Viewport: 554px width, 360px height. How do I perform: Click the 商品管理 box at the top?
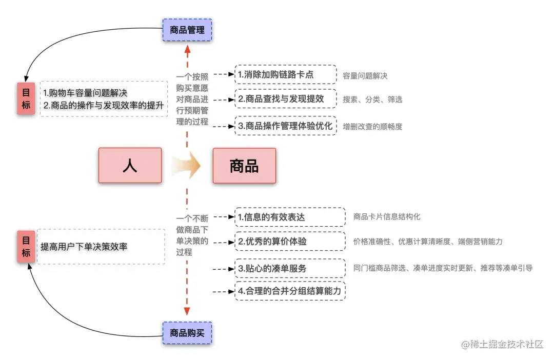click(187, 30)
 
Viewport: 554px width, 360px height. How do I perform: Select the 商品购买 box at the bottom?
click(187, 333)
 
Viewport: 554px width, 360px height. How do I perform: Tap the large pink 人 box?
click(130, 166)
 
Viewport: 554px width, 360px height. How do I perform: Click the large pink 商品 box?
click(244, 166)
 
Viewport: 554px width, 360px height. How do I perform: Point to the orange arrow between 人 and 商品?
click(186, 166)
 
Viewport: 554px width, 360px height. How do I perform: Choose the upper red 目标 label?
click(26, 98)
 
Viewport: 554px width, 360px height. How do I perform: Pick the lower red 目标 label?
click(26, 247)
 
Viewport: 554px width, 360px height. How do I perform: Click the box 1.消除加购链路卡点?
click(286, 74)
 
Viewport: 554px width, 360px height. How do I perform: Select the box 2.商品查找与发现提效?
click(286, 99)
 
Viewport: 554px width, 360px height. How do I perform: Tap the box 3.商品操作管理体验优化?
click(286, 125)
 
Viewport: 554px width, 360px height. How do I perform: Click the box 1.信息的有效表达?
click(290, 217)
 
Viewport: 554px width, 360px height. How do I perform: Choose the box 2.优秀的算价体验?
click(290, 241)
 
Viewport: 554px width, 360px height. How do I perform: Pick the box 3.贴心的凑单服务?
click(290, 268)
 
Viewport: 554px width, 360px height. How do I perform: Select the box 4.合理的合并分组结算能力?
click(290, 291)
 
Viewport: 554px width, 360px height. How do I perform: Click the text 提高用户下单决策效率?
click(84, 247)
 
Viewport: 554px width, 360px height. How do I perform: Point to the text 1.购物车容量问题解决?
click(85, 93)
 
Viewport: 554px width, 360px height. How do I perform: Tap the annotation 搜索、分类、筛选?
click(372, 99)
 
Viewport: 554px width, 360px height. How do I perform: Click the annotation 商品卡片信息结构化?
click(387, 216)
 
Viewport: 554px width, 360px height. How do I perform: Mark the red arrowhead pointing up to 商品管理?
click(187, 50)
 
